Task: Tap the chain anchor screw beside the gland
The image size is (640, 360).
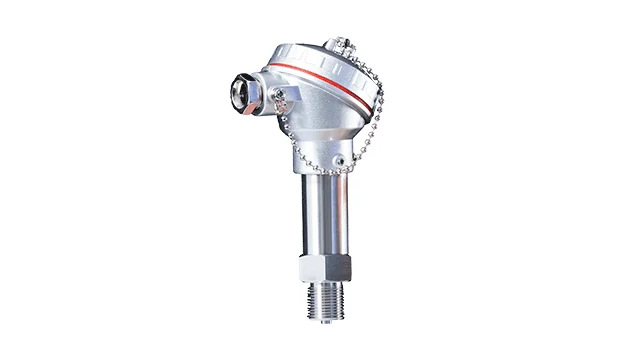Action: [x=281, y=94]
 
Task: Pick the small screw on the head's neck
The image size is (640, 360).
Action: [x=340, y=160]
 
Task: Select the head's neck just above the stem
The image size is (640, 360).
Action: [x=321, y=160]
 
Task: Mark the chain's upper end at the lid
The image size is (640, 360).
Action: [x=355, y=48]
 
